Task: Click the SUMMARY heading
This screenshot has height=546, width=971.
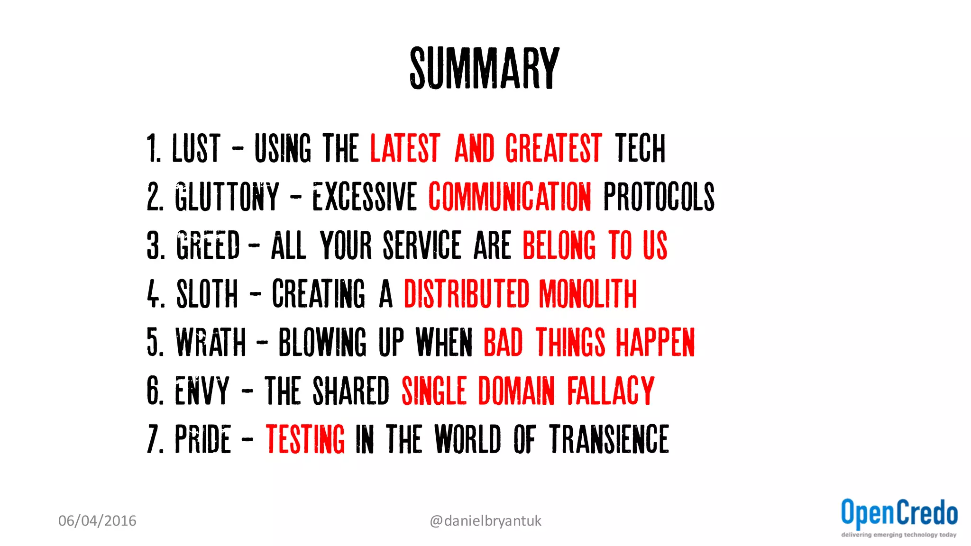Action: pyautogui.click(x=485, y=68)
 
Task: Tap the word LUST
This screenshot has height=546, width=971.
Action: pyautogui.click(x=196, y=148)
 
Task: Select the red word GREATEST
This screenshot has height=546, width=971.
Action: pyautogui.click(x=553, y=148)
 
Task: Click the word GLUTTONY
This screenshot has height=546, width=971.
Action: pyautogui.click(x=227, y=197)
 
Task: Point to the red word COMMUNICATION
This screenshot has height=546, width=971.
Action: pyautogui.click(x=510, y=197)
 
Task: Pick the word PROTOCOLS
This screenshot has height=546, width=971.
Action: pyautogui.click(x=659, y=197)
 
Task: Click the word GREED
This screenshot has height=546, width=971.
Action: pyautogui.click(x=208, y=246)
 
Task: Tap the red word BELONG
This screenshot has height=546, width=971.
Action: pyautogui.click(x=559, y=246)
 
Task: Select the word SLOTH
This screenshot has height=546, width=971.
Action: pyautogui.click(x=207, y=294)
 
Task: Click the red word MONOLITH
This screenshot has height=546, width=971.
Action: pyautogui.click(x=587, y=294)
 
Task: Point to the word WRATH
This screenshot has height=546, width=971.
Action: pyautogui.click(x=211, y=342)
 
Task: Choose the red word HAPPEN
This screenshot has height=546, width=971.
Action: pyautogui.click(x=655, y=342)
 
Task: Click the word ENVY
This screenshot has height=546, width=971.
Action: pyautogui.click(x=202, y=391)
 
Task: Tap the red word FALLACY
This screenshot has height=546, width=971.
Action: pyautogui.click(x=611, y=391)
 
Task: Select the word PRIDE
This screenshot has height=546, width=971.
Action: pyautogui.click(x=203, y=439)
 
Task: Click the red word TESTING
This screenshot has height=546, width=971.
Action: pyautogui.click(x=305, y=439)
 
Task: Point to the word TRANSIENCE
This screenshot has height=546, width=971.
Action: pyautogui.click(x=609, y=439)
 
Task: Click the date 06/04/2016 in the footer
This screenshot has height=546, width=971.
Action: pyautogui.click(x=97, y=521)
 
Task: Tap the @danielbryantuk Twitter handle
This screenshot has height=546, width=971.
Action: pyautogui.click(x=485, y=521)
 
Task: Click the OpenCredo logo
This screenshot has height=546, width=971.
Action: pyautogui.click(x=899, y=517)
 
